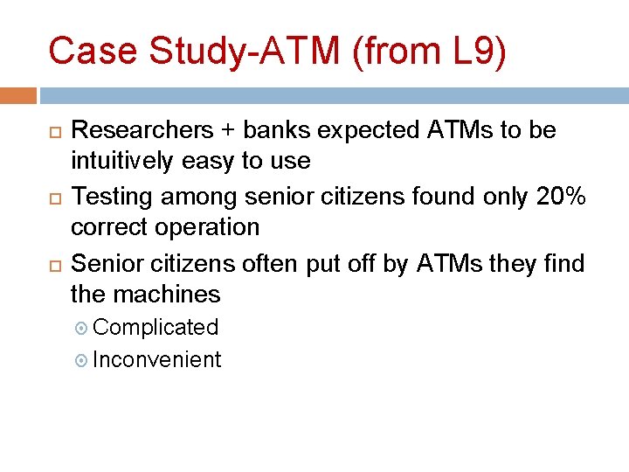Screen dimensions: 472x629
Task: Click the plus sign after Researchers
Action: point(228,131)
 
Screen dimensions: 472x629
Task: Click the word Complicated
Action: point(156,328)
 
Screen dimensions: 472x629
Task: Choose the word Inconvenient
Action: point(156,360)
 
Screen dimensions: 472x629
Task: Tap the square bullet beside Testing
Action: point(53,198)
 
